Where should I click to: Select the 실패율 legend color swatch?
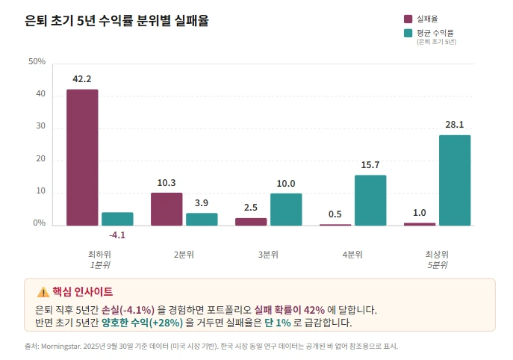click(408, 19)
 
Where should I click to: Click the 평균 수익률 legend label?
click(435, 33)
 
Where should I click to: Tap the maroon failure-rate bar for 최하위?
click(82, 157)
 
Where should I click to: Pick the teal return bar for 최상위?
click(455, 180)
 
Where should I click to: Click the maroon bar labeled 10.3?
click(167, 209)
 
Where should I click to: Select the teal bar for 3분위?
click(286, 209)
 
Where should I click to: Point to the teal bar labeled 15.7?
click(370, 200)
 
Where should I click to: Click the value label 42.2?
click(82, 79)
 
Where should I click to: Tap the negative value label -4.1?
click(117, 235)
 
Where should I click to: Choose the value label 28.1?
click(455, 125)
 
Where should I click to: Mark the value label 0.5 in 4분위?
click(335, 214)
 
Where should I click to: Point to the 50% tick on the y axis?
click(37, 61)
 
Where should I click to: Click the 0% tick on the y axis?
click(39, 224)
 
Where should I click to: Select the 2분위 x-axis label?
click(184, 255)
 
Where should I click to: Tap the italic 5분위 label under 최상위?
click(438, 265)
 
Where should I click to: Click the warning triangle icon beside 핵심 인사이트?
click(43, 292)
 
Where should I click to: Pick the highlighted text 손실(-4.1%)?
click(128, 310)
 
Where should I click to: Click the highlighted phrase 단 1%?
click(277, 323)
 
